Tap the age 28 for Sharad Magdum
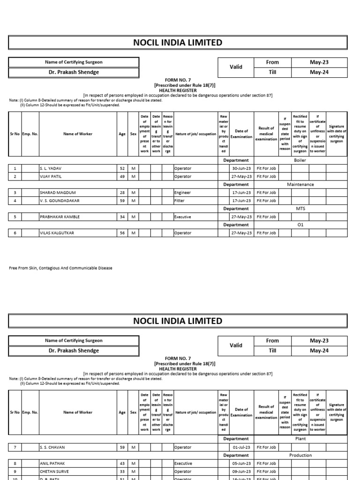(122, 193)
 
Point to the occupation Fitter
(179, 201)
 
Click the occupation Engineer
(182, 193)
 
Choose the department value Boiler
(300, 160)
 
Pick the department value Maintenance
(300, 185)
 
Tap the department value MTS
(300, 209)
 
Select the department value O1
(300, 225)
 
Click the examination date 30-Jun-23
(242, 168)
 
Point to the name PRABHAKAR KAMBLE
(60, 217)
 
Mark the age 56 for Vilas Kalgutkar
(122, 233)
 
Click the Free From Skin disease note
(60, 268)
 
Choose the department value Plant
(300, 439)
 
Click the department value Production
(300, 455)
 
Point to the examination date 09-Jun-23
(242, 472)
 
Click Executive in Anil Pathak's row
(183, 464)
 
